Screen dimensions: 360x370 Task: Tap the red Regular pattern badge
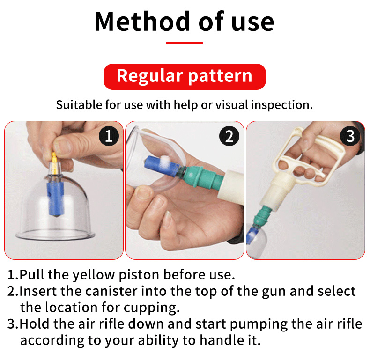185,76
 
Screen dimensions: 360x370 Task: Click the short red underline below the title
185,43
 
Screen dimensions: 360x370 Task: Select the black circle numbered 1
109,136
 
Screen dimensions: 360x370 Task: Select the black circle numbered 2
229,136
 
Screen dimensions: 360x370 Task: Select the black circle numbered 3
350,136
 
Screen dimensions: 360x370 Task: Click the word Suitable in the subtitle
75,104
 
